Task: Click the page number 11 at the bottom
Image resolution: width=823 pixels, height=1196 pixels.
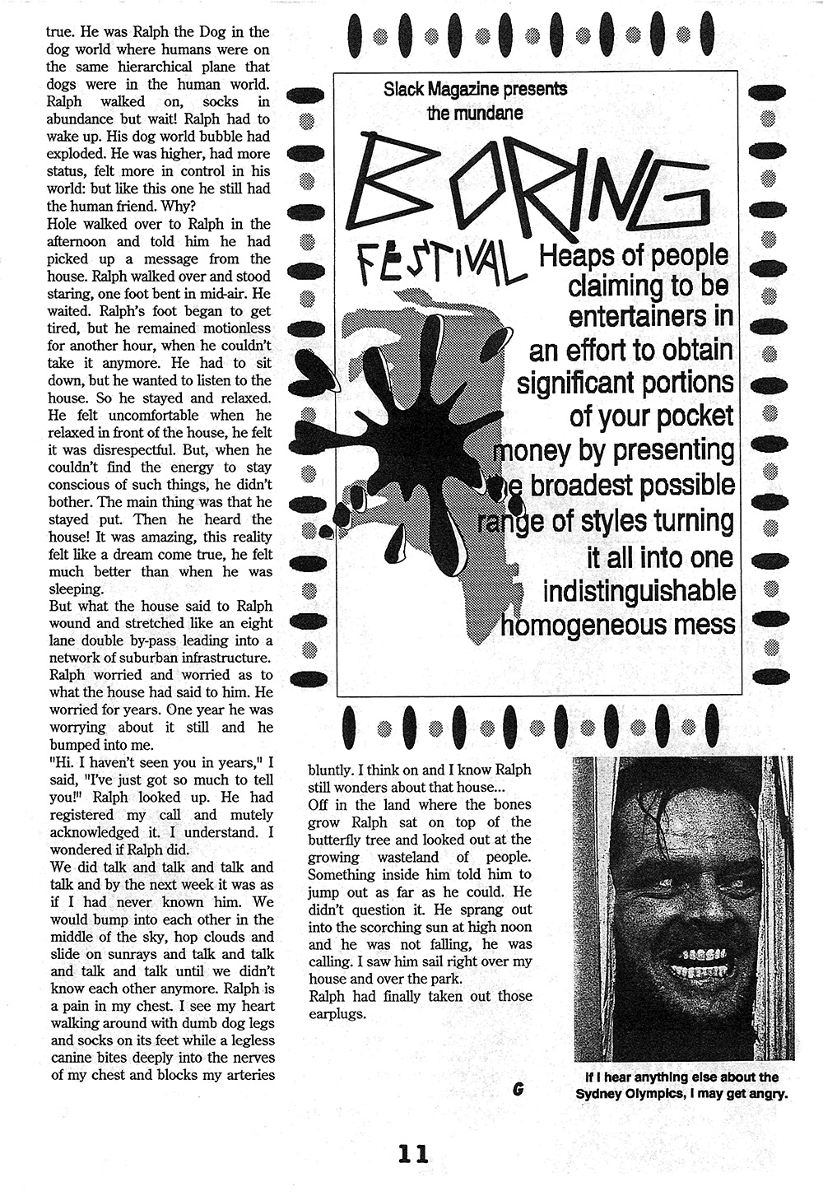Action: click(412, 1153)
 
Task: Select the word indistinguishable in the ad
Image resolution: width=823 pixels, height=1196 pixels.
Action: click(639, 590)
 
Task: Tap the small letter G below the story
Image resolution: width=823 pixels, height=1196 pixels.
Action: click(517, 1088)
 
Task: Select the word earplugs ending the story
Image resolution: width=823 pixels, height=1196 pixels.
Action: click(337, 1013)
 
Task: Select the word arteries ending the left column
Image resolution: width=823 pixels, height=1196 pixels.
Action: click(248, 1075)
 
